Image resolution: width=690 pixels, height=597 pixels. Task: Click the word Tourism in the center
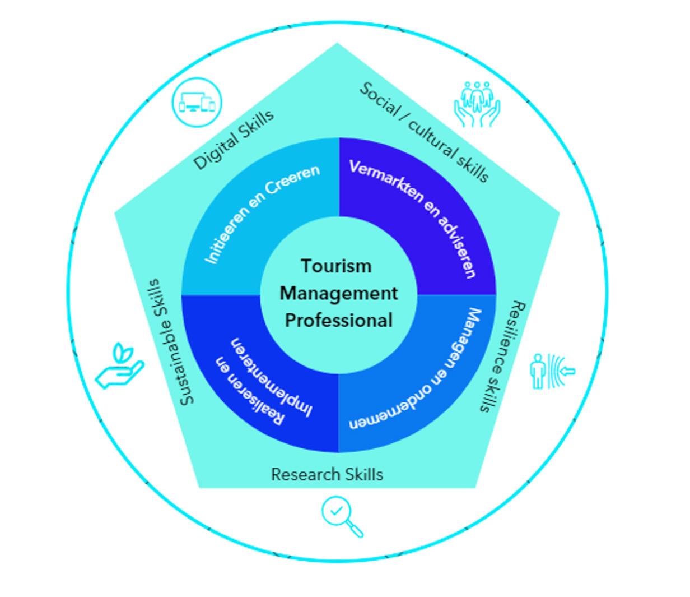336,266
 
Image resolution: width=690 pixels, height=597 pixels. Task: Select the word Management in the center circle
339,293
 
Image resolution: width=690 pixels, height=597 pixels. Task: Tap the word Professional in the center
339,321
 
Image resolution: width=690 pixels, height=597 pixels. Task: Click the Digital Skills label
234,139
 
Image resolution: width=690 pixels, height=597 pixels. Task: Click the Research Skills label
327,474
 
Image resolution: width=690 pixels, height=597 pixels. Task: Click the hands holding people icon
477,104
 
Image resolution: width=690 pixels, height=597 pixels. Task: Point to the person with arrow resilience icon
552,371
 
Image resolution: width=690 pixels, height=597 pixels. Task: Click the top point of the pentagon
337,44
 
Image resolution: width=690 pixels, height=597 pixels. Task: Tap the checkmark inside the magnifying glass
337,511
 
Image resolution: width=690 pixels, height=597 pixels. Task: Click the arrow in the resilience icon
567,370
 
